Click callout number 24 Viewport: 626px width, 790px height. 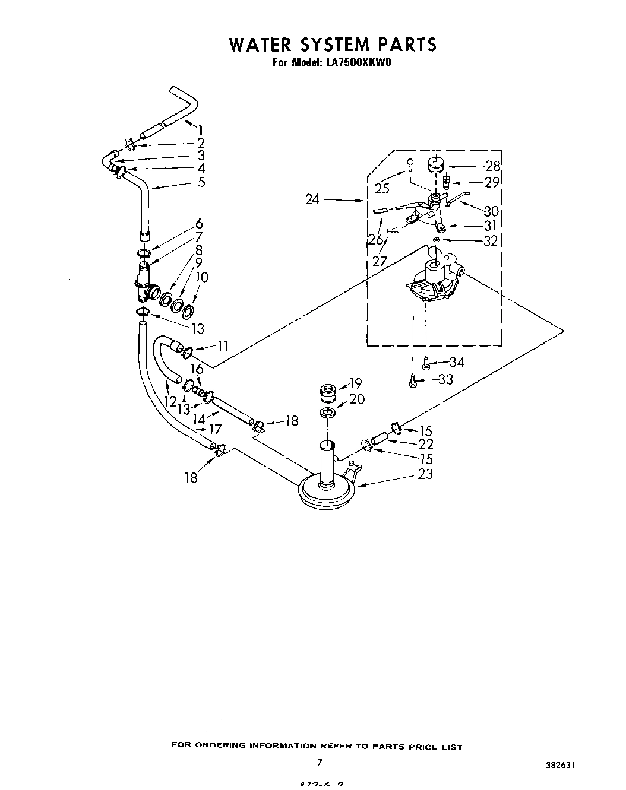312,200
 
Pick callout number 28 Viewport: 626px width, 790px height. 492,166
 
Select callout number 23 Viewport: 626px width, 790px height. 425,474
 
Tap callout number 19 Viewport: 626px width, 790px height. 355,383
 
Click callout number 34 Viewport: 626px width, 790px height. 456,362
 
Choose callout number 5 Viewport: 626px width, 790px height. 201,182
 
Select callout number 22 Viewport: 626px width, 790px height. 425,444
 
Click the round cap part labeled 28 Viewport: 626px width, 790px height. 435,162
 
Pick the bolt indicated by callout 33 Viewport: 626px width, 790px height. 412,382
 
